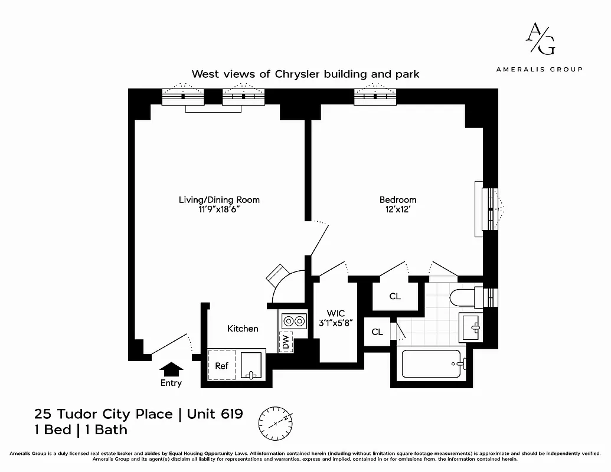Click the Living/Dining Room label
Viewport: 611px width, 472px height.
click(219, 200)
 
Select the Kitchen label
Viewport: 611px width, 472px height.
click(243, 328)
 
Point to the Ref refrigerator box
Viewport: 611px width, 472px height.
click(221, 366)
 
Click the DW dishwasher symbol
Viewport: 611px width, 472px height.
click(286, 342)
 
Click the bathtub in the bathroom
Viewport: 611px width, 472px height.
click(432, 364)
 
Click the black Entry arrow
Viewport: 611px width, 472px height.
click(172, 369)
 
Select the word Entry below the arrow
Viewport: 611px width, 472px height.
click(171, 383)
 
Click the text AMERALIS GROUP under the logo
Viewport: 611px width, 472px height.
click(539, 69)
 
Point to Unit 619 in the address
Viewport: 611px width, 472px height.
click(215, 414)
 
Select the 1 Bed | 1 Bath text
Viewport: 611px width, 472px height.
click(81, 430)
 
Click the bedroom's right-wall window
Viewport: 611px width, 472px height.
click(490, 209)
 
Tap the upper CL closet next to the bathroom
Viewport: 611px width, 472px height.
click(395, 296)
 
